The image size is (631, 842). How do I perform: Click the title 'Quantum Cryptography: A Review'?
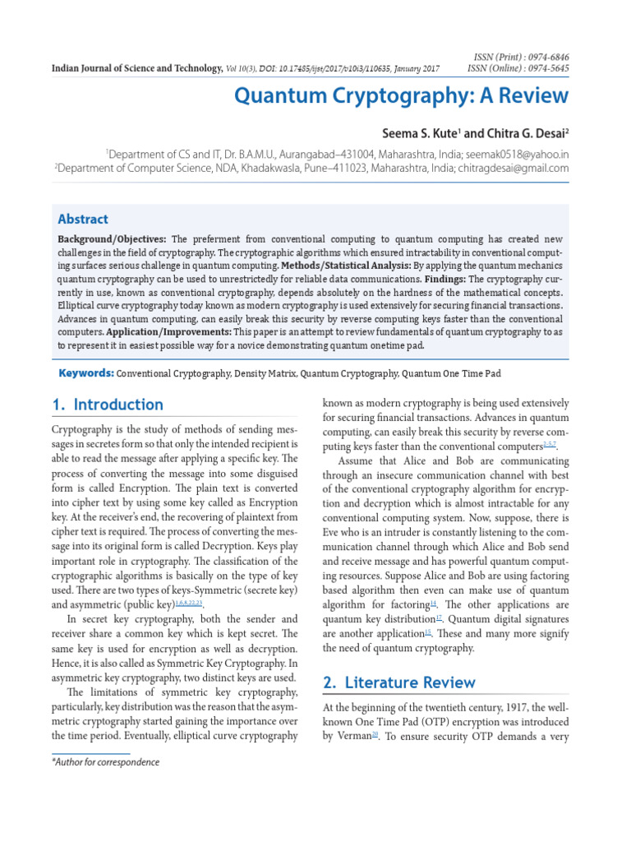click(x=401, y=95)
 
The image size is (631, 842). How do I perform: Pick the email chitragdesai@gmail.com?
click(x=512, y=168)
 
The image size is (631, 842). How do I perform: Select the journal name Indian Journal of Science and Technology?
click(x=137, y=68)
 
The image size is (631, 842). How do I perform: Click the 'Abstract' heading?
click(x=82, y=219)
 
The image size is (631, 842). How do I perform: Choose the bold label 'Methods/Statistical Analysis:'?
click(x=344, y=266)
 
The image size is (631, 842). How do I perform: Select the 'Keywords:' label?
click(x=85, y=373)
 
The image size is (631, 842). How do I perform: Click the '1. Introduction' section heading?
click(x=107, y=405)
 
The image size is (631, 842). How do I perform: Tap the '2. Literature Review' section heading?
click(x=398, y=682)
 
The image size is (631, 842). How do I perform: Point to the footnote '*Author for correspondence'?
click(x=105, y=762)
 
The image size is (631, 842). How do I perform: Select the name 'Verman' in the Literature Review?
click(x=352, y=736)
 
